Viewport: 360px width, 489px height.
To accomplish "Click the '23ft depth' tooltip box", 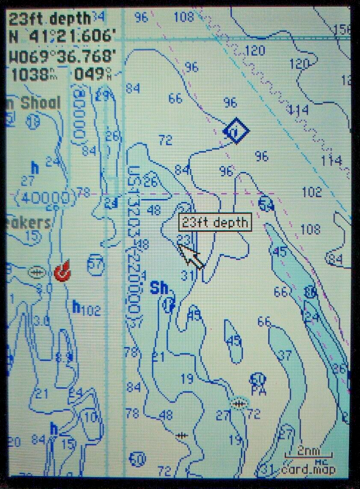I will pos(215,223).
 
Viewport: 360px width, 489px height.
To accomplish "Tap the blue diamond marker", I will pos(236,132).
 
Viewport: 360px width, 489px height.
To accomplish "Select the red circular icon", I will pos(62,271).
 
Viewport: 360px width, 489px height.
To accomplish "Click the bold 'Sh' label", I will pos(159,288).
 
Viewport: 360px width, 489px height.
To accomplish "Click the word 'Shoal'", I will pos(40,103).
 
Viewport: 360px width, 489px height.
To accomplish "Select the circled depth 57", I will pos(95,264).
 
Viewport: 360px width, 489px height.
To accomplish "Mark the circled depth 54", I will pos(266,204).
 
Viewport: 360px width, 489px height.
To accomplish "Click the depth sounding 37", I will pos(285,355).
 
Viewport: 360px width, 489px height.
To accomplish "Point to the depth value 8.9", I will pos(65,357).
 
